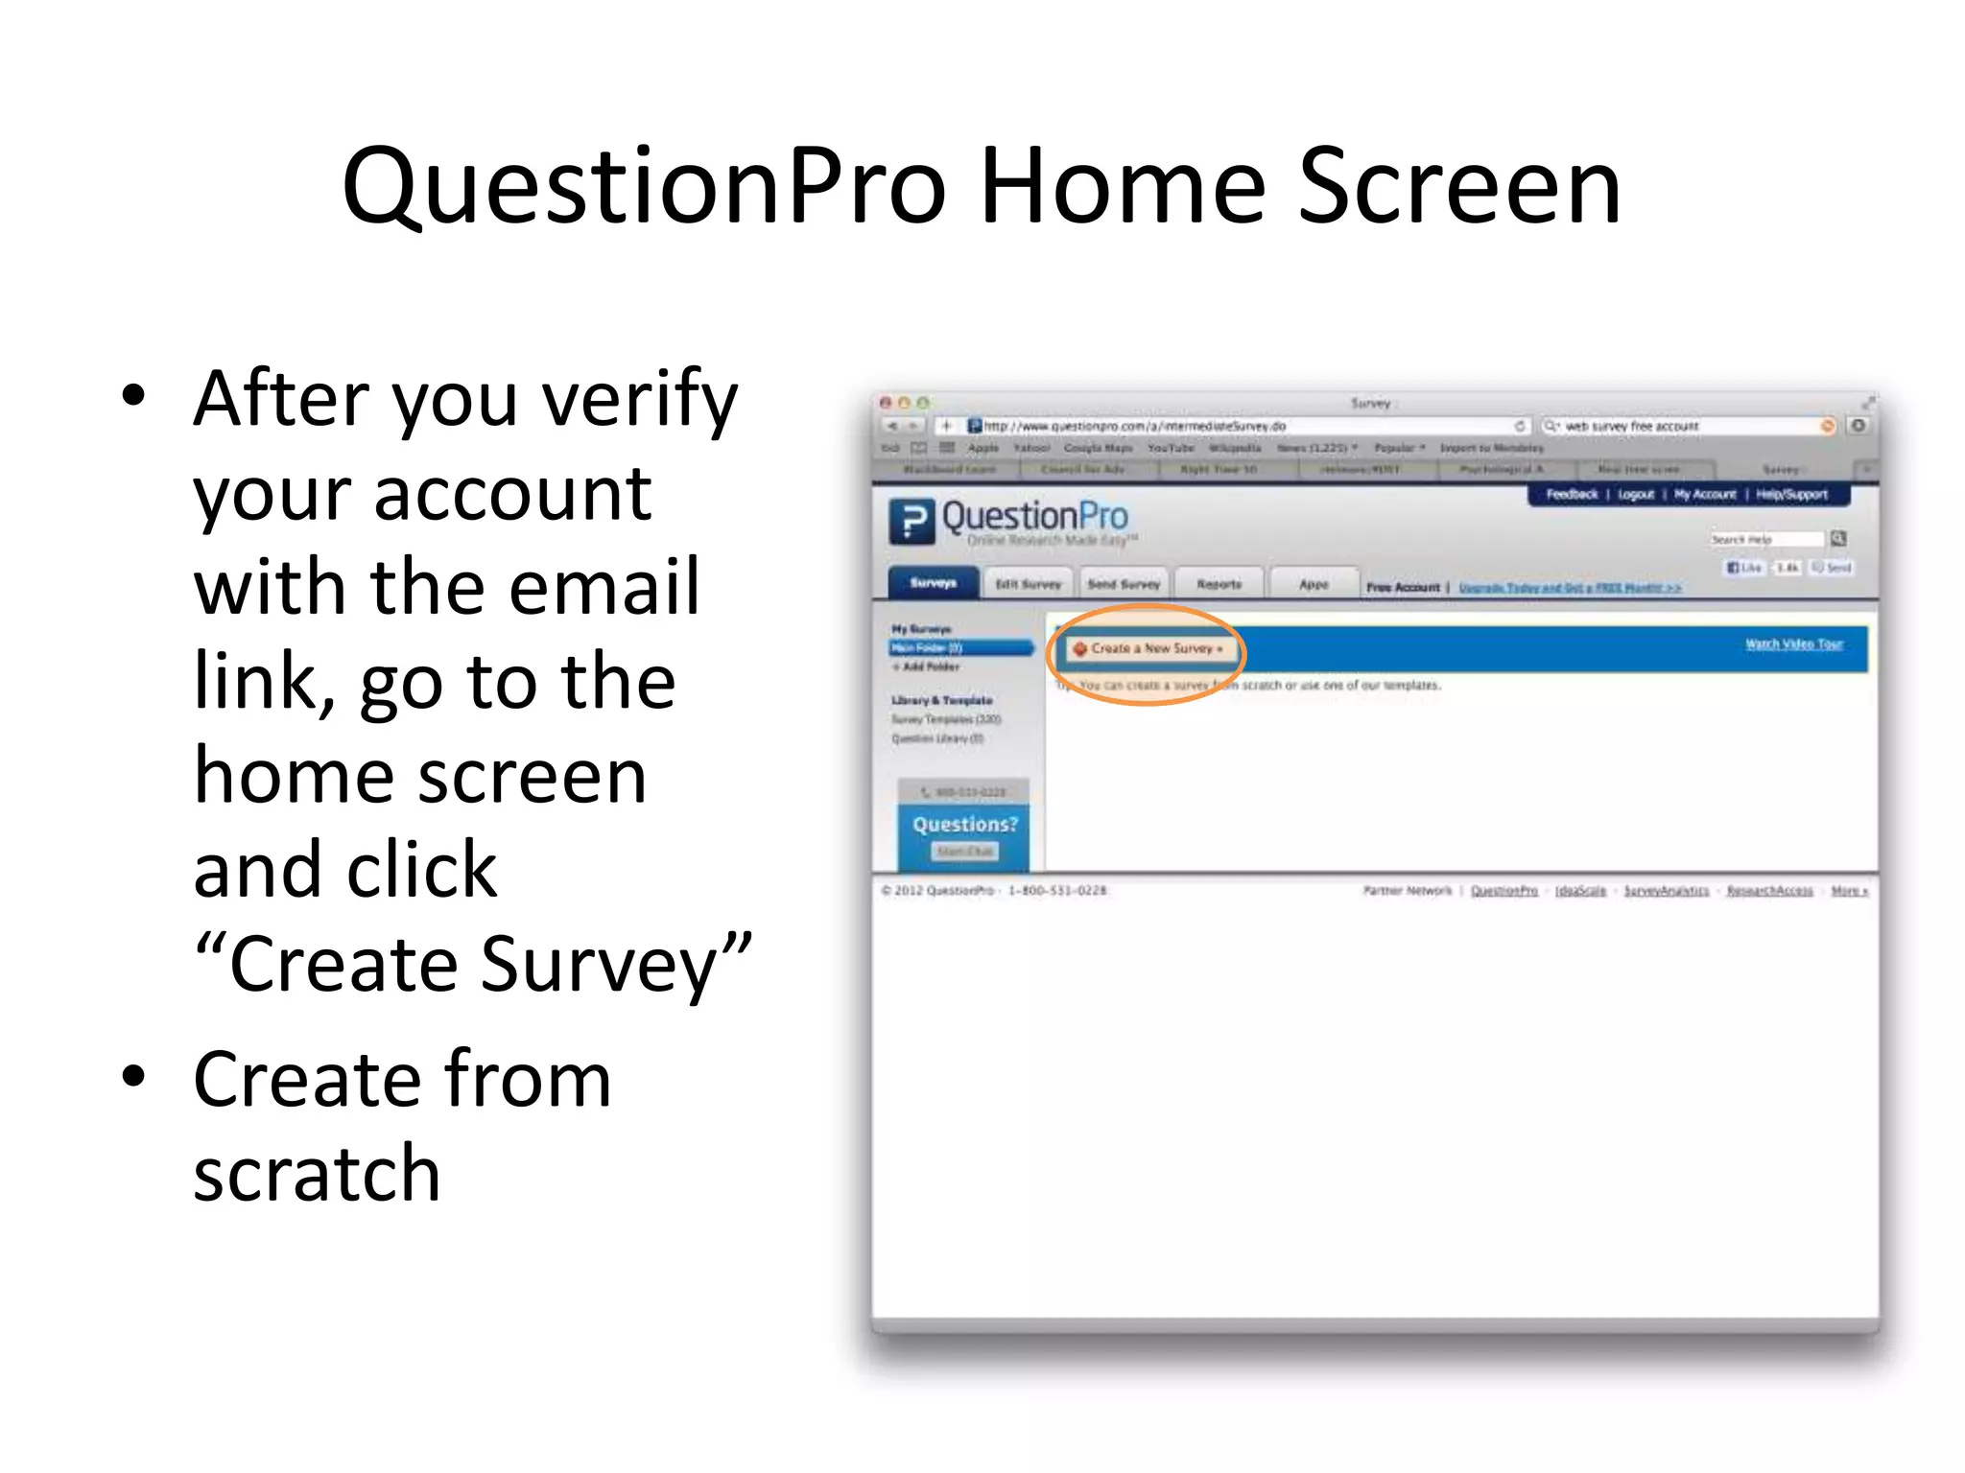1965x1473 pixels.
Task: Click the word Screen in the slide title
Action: pos(1459,187)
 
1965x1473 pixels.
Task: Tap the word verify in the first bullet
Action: pos(640,401)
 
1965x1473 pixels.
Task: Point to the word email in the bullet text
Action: pos(604,587)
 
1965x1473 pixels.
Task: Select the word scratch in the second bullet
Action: pos(317,1173)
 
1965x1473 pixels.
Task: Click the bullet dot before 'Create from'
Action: pos(134,1076)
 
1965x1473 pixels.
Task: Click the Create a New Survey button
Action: pos(1148,649)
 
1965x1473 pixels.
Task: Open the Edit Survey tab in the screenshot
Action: pos(1029,584)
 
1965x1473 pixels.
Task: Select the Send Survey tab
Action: pos(1124,584)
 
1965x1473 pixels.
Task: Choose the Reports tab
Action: pos(1219,584)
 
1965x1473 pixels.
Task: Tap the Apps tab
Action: pos(1314,584)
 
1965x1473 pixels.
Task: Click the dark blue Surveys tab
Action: pos(933,583)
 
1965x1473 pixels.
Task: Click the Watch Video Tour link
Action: pos(1793,644)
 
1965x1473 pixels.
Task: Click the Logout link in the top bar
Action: pos(1636,495)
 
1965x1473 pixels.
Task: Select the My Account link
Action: pos(1705,495)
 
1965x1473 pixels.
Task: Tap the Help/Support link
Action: pos(1791,495)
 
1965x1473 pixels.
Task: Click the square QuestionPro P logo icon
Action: pos(911,522)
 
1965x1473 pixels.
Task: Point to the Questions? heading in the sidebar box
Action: pos(964,825)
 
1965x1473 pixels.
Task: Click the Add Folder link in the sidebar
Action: pos(929,666)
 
